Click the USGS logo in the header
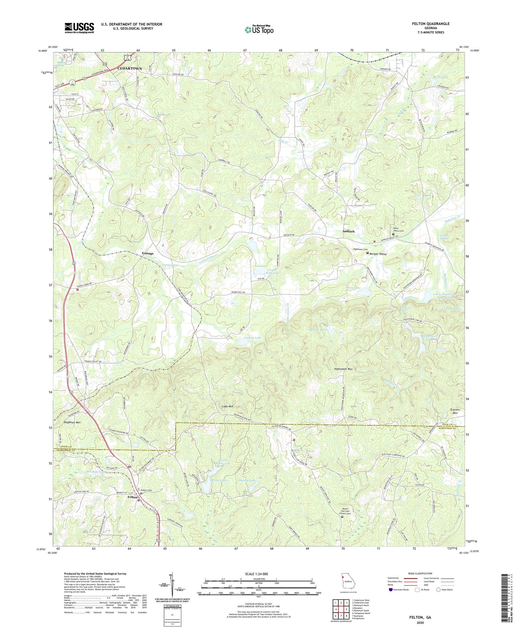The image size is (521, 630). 79,28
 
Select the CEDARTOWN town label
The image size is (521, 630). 130,68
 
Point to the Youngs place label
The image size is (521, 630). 148,253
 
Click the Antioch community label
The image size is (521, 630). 348,231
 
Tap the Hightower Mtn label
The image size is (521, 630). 343,369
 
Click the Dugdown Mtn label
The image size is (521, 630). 72,423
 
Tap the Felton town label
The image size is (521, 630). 132,497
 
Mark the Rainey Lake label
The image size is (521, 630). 247,481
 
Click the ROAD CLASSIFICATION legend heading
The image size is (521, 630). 420,573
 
